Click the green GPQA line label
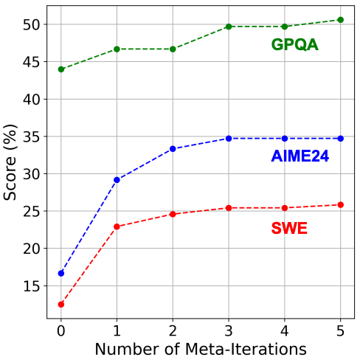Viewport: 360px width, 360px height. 294,45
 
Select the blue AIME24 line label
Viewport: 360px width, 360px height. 300,156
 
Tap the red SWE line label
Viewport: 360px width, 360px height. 289,229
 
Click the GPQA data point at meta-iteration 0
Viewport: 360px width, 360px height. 60,69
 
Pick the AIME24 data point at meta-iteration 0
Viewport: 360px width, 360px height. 60,273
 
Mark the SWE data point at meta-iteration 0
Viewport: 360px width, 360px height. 60,304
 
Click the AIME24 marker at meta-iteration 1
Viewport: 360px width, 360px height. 117,180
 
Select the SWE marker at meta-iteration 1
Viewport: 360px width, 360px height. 117,226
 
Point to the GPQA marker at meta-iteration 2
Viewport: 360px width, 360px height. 173,49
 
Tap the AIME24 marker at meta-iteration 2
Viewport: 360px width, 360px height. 173,149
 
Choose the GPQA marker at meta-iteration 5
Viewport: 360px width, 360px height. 340,20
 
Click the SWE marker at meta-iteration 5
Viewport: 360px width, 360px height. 340,204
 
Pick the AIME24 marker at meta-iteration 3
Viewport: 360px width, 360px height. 229,138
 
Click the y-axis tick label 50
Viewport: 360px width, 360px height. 31,24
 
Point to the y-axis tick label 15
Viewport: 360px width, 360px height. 31,286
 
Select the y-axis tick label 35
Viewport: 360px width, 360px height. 31,136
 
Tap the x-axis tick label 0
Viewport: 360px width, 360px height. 60,330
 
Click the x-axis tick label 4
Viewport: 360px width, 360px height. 284,330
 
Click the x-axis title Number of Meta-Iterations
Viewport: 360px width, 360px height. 200,347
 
